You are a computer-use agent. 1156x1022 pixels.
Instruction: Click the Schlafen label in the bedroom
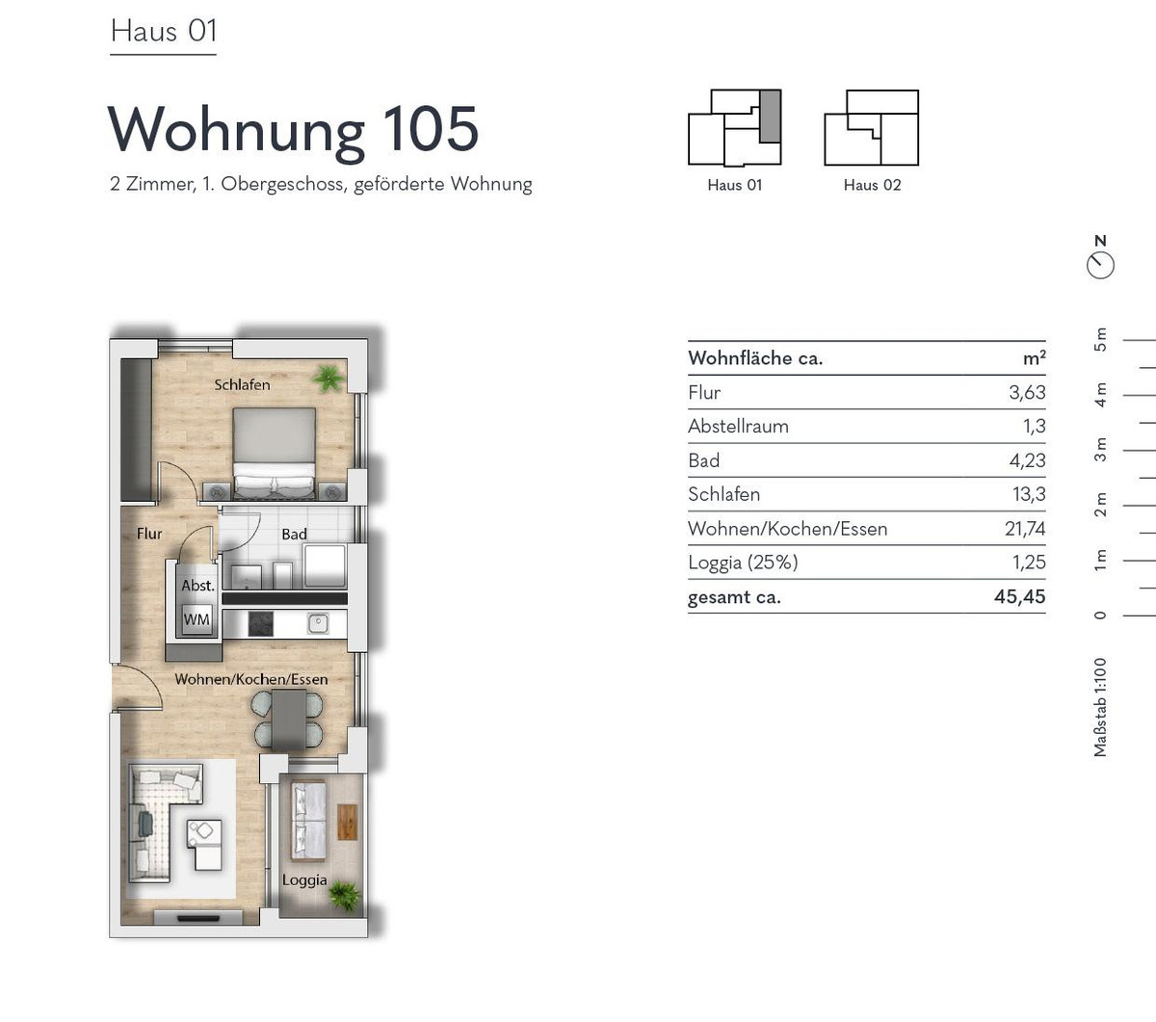click(x=242, y=385)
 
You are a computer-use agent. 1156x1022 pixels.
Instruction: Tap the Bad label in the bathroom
click(x=295, y=534)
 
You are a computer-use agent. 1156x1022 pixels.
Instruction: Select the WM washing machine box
click(x=197, y=619)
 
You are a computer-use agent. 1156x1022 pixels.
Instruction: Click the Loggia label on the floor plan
click(x=304, y=880)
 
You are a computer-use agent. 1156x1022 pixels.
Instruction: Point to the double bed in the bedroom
click(x=274, y=453)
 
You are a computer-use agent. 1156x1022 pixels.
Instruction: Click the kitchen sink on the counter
click(x=318, y=624)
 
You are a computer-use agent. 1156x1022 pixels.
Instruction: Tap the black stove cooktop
click(x=261, y=624)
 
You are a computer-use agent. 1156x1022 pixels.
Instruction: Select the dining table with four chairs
click(x=288, y=720)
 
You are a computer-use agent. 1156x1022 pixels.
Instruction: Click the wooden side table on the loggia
click(x=348, y=823)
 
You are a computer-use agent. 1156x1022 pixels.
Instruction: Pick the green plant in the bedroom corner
click(x=328, y=379)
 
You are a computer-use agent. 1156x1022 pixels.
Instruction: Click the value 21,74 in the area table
click(x=1025, y=529)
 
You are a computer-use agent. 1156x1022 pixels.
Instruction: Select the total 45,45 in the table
click(x=1019, y=597)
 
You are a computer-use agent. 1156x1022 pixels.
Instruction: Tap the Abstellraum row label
click(x=738, y=427)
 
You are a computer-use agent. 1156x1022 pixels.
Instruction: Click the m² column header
click(x=1034, y=357)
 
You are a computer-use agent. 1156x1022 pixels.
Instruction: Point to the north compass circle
click(x=1101, y=266)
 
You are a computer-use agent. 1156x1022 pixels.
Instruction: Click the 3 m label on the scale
click(x=1101, y=450)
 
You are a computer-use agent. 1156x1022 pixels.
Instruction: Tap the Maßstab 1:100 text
click(x=1100, y=708)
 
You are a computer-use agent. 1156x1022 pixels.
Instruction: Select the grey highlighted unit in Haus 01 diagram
click(x=771, y=117)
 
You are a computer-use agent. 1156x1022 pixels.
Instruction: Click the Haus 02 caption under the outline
click(x=872, y=185)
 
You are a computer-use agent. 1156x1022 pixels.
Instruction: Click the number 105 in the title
click(x=431, y=129)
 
